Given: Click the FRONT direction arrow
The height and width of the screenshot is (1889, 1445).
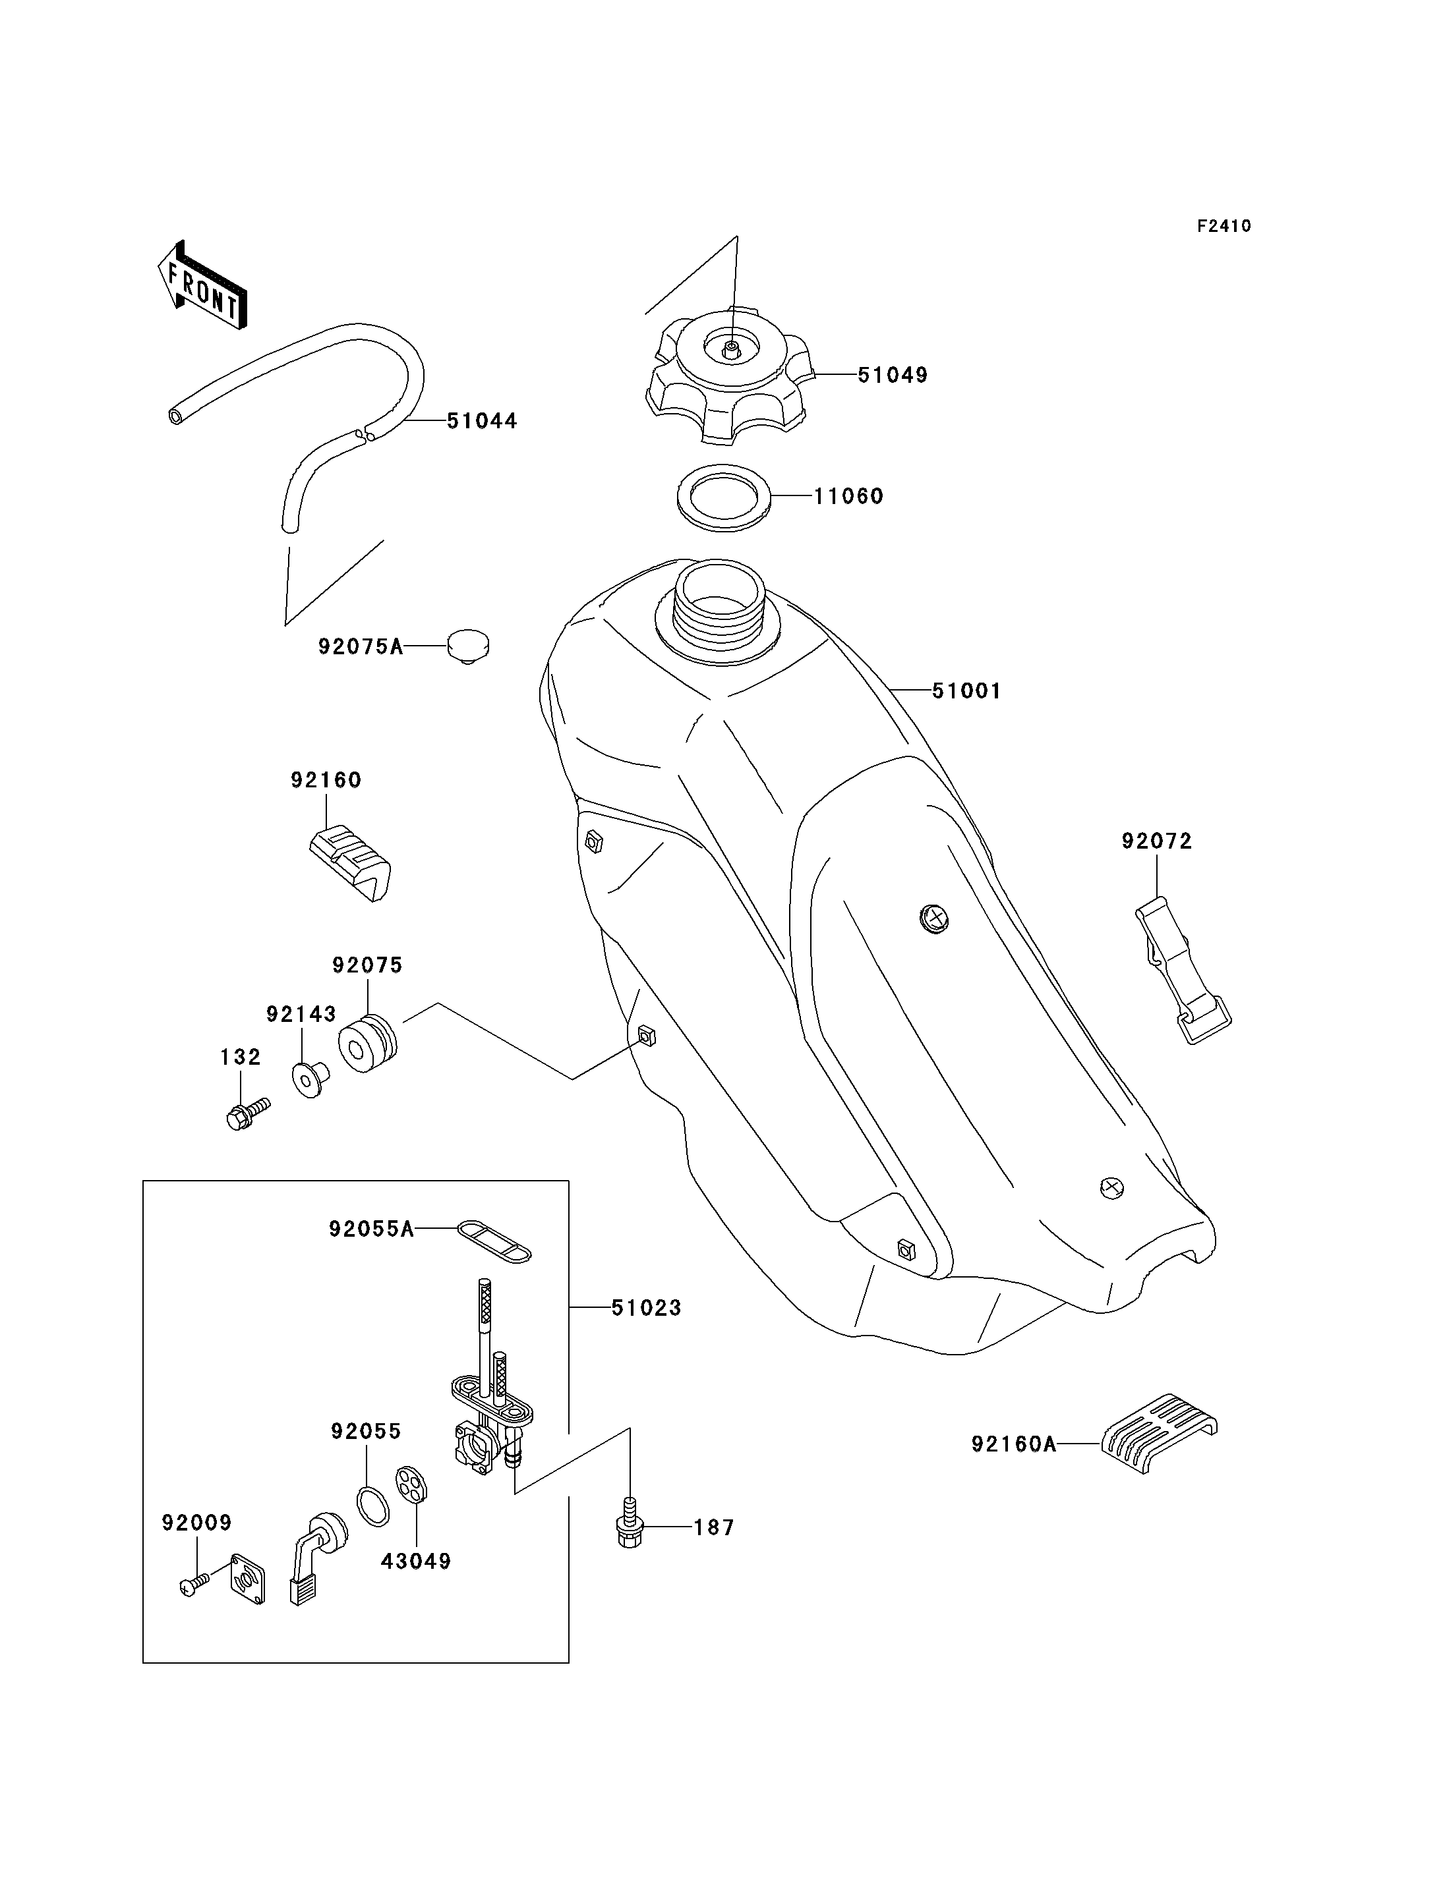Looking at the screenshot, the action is [x=203, y=285].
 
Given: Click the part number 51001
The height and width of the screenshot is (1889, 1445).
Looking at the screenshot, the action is [x=967, y=691].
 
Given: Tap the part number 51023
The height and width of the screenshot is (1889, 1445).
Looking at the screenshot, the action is [x=646, y=1308].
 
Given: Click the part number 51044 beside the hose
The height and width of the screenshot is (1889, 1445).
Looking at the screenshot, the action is [x=482, y=420].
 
